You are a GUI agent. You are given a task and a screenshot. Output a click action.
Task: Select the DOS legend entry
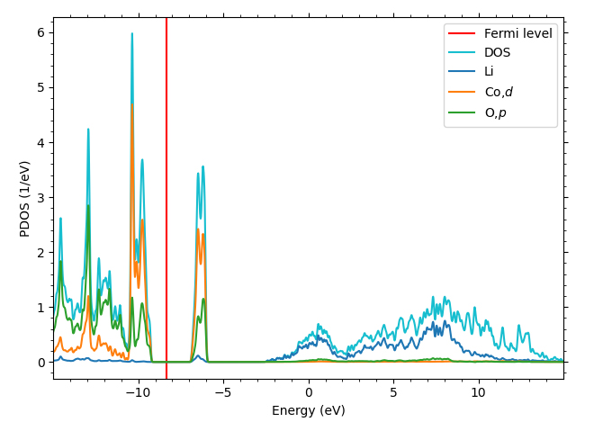coord(497,52)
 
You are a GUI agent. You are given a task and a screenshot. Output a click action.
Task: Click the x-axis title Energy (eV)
coord(308,411)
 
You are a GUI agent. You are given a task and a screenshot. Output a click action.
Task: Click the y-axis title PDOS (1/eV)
coord(25,198)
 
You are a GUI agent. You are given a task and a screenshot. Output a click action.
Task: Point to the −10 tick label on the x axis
coord(135,392)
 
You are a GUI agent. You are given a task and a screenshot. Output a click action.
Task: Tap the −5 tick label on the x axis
coord(220,392)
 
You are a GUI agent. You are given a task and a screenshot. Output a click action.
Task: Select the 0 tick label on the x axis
coord(309,392)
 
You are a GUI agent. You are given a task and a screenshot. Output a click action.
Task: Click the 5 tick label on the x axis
coord(393,392)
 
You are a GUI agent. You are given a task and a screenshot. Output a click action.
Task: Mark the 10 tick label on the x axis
coord(478,392)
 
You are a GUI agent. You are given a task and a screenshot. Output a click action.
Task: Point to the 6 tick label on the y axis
coord(40,32)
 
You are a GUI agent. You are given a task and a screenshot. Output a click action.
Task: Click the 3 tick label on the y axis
coord(40,197)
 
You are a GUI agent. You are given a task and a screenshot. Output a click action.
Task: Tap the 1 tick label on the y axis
coord(40,308)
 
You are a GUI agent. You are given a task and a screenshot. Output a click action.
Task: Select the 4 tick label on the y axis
coord(40,142)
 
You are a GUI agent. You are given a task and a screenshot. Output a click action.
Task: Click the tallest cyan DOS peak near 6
coord(132,34)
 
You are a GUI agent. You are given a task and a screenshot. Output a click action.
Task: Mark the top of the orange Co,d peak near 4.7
coord(132,104)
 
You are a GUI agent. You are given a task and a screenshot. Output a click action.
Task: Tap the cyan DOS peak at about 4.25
coord(88,129)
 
